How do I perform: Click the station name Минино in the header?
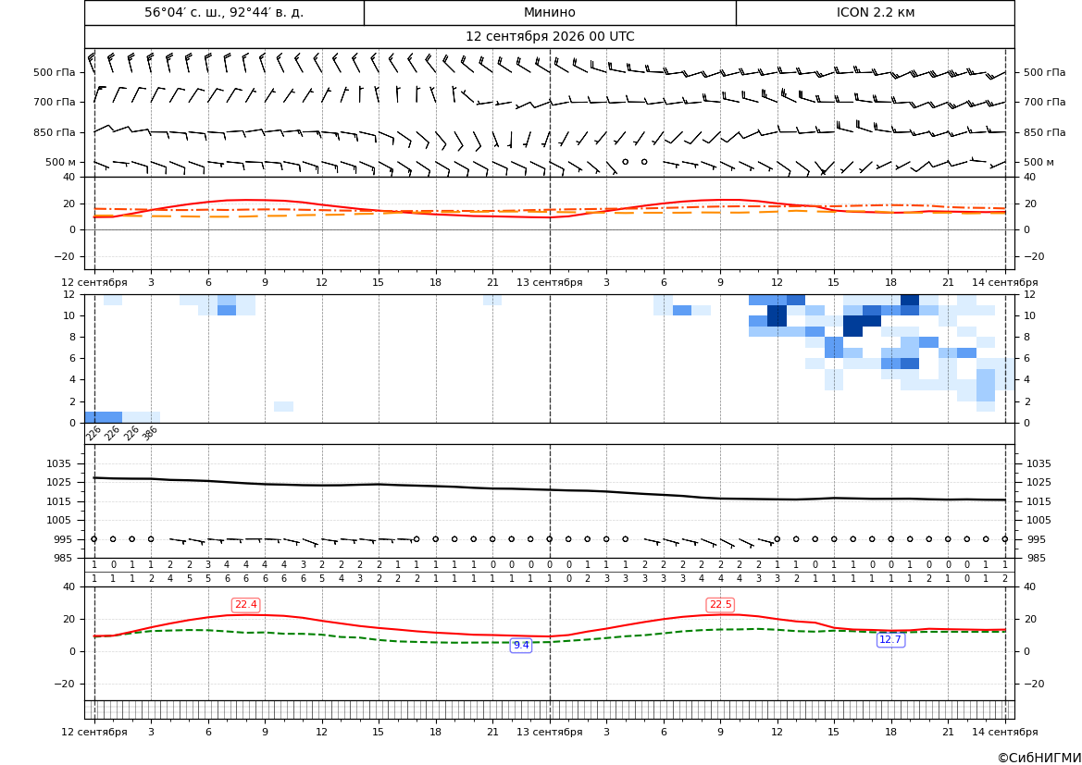point(549,12)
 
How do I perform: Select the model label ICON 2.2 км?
point(875,12)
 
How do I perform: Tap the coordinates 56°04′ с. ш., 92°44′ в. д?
point(224,12)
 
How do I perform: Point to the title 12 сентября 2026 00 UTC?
point(549,37)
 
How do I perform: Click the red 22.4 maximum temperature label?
point(245,605)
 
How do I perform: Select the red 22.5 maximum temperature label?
point(720,605)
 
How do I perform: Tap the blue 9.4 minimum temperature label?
point(521,646)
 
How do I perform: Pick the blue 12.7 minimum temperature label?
point(890,640)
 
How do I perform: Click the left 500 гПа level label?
point(55,72)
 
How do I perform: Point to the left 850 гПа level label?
point(55,132)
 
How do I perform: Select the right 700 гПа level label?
point(1044,102)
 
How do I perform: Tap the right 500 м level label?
point(1038,162)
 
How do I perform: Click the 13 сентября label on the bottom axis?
point(549,732)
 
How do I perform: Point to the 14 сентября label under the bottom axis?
point(1005,732)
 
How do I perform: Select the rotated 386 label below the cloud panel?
point(150,433)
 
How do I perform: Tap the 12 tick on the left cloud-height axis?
point(69,294)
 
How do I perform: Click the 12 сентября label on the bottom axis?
point(94,732)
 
